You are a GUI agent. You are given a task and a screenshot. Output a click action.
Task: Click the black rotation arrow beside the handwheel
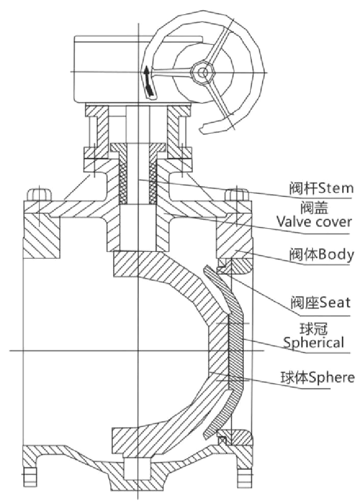pyautogui.click(x=147, y=82)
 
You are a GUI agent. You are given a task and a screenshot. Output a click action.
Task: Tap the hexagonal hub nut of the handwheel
pyautogui.click(x=201, y=71)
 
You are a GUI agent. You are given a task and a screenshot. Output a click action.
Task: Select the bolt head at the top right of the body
pyautogui.click(x=237, y=194)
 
